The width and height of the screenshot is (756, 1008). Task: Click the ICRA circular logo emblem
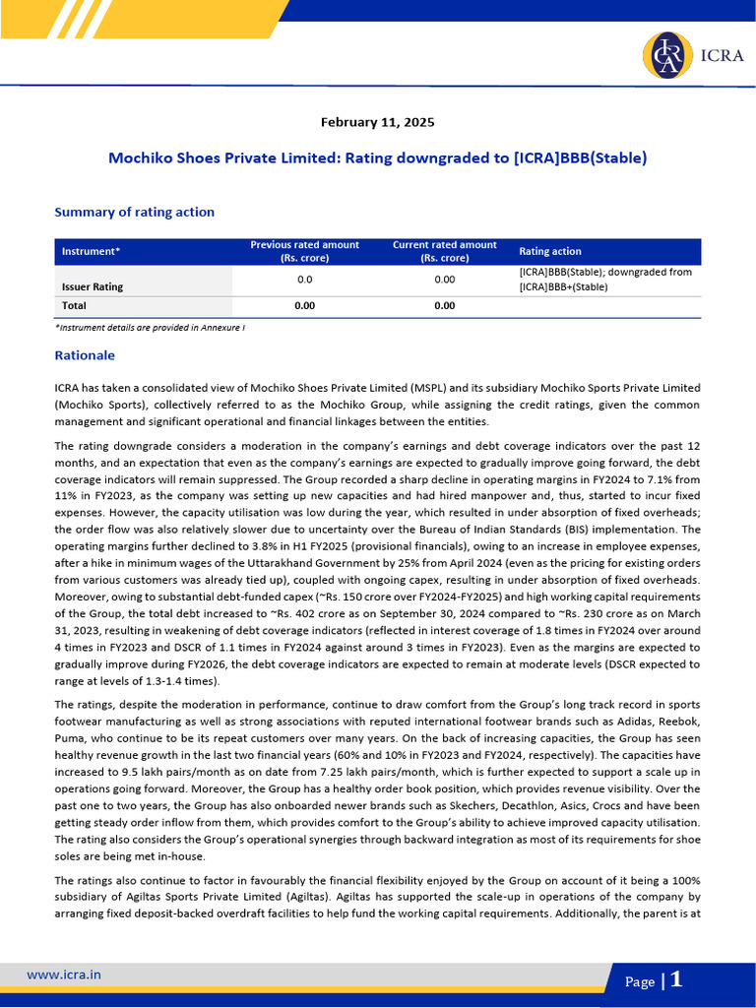point(665,55)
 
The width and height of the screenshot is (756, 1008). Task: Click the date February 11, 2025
point(377,123)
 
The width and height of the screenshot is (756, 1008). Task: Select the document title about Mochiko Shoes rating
point(377,157)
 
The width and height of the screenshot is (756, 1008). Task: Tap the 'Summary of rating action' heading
point(134,212)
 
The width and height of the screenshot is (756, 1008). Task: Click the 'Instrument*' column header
point(91,251)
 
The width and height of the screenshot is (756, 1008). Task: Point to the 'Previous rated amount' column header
point(305,251)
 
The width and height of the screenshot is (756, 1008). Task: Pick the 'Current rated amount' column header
point(444,251)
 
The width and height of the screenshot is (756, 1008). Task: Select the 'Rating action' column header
point(550,251)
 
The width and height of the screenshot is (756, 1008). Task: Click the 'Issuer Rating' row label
point(93,287)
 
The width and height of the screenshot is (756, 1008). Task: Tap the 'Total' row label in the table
point(74,306)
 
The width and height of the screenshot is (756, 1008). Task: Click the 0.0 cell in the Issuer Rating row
point(305,280)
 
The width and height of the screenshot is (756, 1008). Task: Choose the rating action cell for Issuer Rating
point(605,280)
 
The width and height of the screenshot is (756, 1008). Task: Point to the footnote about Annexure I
point(150,326)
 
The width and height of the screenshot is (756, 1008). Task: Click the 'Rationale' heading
point(85,355)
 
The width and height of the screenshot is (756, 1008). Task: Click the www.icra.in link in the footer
point(63,975)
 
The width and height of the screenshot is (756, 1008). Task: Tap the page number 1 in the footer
point(676,979)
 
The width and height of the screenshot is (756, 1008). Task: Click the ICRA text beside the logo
point(723,56)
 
